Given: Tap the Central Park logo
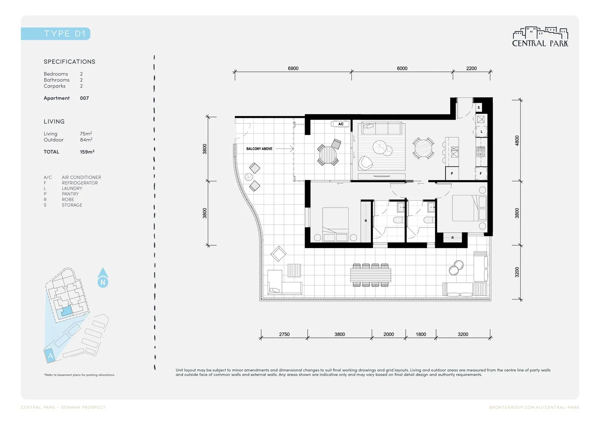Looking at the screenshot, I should pyautogui.click(x=540, y=38).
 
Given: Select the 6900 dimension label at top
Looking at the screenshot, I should pyautogui.click(x=293, y=68).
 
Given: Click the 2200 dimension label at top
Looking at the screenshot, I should pyautogui.click(x=471, y=68).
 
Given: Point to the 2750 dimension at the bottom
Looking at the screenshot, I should pyautogui.click(x=284, y=334).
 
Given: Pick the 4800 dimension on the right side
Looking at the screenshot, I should pyautogui.click(x=517, y=141).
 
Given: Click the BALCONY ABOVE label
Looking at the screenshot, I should pyautogui.click(x=259, y=149).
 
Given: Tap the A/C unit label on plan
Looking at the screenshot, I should pyautogui.click(x=341, y=124).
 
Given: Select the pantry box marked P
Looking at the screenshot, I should pyautogui.click(x=452, y=173).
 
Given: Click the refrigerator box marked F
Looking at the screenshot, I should pyautogui.click(x=481, y=173).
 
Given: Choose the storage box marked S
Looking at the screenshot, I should pyautogui.click(x=479, y=107).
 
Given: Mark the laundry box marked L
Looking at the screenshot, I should pyautogui.click(x=481, y=132).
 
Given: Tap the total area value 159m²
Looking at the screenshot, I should pyautogui.click(x=87, y=152).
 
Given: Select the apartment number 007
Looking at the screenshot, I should pyautogui.click(x=84, y=98).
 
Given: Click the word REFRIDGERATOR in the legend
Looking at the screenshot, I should pyautogui.click(x=80, y=183).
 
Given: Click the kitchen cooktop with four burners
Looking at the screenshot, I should pyautogui.click(x=481, y=152).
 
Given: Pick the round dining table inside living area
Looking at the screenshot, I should pyautogui.click(x=423, y=148).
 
